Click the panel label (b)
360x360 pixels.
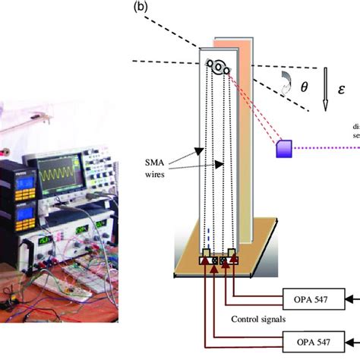141,8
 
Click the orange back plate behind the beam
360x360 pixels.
245,137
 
